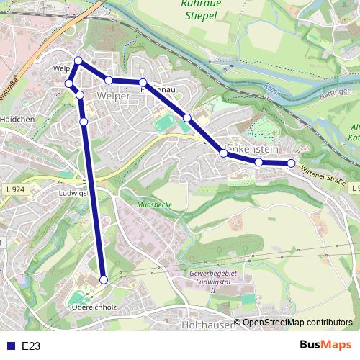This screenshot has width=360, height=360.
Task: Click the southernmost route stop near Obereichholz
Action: click(104, 279)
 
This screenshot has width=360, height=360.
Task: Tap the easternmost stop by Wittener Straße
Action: click(291, 163)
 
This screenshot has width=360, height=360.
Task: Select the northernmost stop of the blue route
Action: click(78, 60)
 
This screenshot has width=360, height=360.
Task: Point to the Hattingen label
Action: click(338, 96)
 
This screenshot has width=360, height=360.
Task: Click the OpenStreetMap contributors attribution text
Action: click(297, 323)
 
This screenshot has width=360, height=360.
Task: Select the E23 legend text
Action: click(31, 346)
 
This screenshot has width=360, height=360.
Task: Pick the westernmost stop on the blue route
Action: click(69, 84)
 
